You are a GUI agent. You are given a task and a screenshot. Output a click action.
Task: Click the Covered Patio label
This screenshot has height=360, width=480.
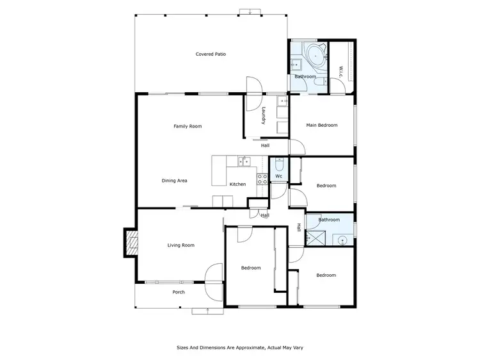coord(211,54)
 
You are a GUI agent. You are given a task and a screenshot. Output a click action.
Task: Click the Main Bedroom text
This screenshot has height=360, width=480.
coord(321,125)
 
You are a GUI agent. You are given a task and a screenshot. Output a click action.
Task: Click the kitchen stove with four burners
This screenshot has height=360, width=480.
coord(262,179)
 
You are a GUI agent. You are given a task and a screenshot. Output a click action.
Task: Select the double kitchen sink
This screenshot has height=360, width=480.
coord(243,161)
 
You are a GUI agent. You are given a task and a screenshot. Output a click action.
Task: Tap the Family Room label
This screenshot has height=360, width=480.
coord(188,126)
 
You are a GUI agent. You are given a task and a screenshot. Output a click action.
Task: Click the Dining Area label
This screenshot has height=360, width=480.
coord(174,181)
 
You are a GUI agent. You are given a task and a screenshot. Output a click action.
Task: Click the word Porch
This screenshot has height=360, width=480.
coord(179,292)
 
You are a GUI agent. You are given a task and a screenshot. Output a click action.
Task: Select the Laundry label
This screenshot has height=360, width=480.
coord(263,115)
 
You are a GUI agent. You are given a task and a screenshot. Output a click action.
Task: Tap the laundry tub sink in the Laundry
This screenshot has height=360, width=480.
coord(282,101)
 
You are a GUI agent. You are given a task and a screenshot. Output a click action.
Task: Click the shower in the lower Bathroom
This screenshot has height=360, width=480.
coord(316,238)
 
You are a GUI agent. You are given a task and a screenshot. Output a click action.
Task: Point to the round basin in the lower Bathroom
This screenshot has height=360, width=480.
coord(343,240)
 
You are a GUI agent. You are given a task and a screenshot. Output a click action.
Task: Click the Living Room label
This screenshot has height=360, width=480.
coord(180,245)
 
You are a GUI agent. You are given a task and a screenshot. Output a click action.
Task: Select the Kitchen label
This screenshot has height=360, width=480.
coord(237,184)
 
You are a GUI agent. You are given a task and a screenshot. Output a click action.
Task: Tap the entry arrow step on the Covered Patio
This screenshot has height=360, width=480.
coord(250,11)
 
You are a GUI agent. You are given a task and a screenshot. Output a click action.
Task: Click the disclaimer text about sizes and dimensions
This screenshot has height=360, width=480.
coord(239,348)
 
